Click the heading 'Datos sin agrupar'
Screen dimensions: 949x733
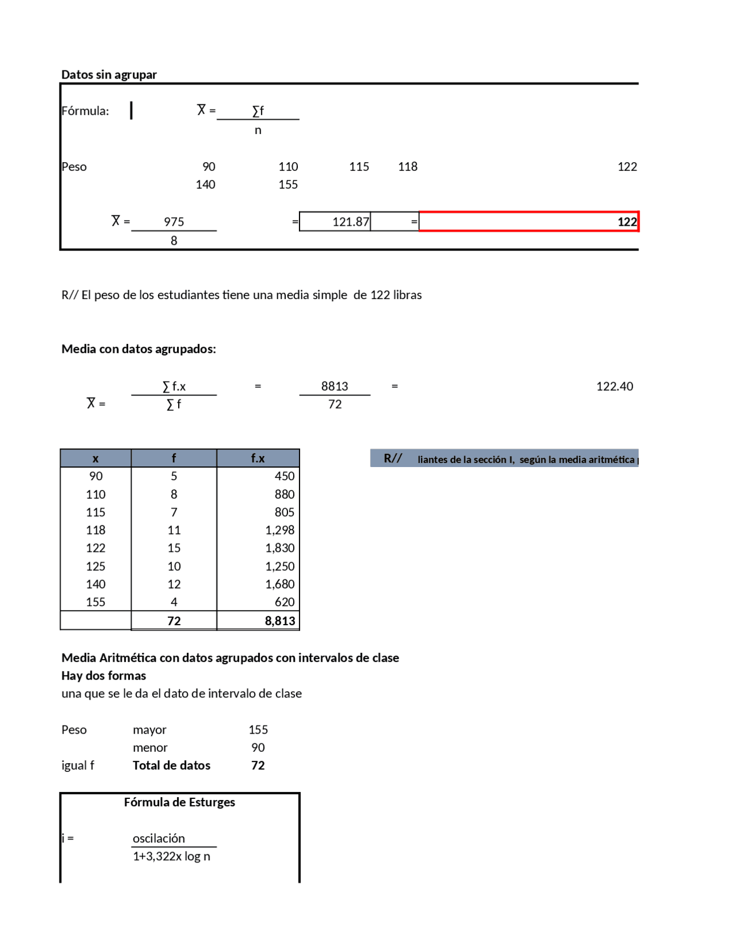tap(109, 74)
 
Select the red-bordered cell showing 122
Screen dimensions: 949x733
tap(528, 222)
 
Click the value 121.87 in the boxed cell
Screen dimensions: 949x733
tap(350, 222)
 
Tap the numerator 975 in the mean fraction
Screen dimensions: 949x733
tap(174, 222)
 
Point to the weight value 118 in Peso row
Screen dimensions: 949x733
tap(407, 167)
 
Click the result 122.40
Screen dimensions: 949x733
tap(614, 386)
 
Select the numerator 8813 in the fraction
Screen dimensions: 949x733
tap(334, 386)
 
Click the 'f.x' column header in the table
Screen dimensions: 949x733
tap(258, 458)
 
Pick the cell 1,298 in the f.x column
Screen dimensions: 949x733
tap(279, 530)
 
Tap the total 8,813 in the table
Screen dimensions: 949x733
tap(279, 621)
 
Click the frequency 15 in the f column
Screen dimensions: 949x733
tap(174, 548)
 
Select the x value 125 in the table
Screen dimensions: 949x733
tap(96, 566)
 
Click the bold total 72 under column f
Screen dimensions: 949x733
tap(174, 621)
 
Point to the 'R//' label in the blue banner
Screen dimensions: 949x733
tap(392, 458)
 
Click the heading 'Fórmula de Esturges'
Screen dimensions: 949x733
tap(179, 802)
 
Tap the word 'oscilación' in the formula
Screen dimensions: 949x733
tap(159, 838)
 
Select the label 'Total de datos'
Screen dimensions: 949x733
tap(171, 765)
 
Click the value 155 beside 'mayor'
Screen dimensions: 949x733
tap(258, 730)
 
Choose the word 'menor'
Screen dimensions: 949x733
tap(150, 747)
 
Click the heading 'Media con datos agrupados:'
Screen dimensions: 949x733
tap(139, 349)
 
